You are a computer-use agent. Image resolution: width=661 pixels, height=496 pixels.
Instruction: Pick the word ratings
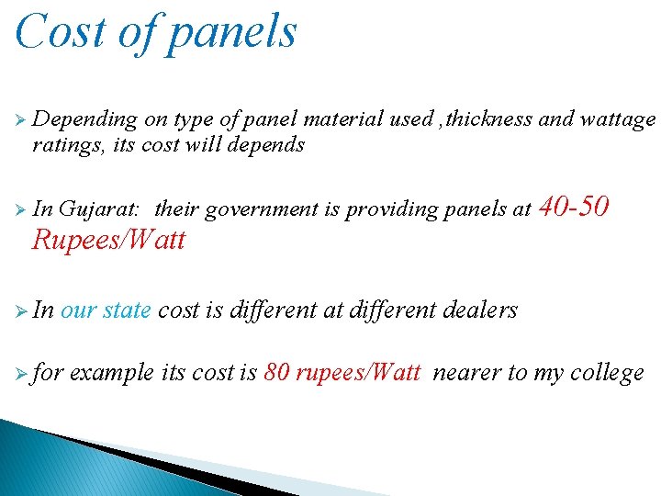coord(65,144)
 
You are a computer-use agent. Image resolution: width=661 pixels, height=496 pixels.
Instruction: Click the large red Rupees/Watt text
coord(108,241)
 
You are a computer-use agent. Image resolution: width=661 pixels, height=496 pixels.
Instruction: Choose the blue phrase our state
coord(106,310)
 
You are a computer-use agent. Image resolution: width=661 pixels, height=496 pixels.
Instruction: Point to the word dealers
coord(480,310)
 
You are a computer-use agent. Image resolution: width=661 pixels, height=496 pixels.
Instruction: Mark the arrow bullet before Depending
coord(20,120)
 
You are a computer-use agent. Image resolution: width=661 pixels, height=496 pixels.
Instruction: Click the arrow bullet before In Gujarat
coord(20,209)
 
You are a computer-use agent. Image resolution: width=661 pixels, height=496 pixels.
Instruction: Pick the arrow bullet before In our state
coord(20,310)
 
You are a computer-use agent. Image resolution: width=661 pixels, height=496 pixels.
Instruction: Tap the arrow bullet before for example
coord(20,373)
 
